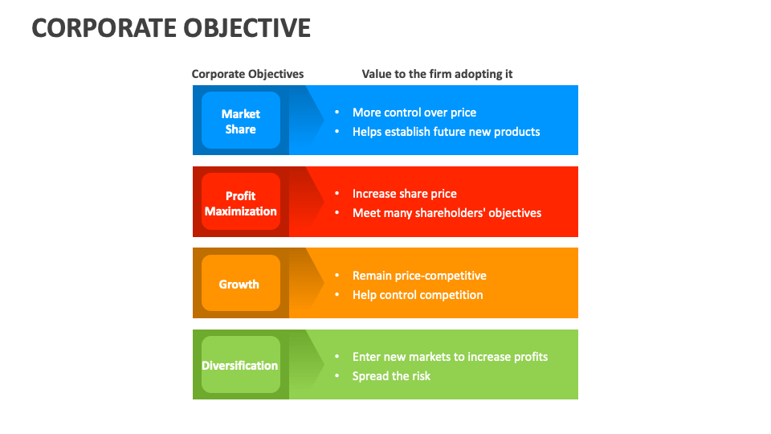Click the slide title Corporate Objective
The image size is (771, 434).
pyautogui.click(x=171, y=27)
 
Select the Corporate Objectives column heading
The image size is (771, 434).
pyautogui.click(x=247, y=74)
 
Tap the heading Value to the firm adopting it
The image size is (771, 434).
pyautogui.click(x=437, y=74)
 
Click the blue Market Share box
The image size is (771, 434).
pyautogui.click(x=240, y=121)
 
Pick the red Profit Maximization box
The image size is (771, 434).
pyautogui.click(x=240, y=203)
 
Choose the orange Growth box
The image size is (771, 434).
pyautogui.click(x=240, y=284)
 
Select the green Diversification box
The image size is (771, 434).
pyautogui.click(x=240, y=365)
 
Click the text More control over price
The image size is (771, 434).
pyautogui.click(x=414, y=113)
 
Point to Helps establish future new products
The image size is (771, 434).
pyautogui.click(x=446, y=132)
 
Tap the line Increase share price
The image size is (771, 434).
pyautogui.click(x=404, y=194)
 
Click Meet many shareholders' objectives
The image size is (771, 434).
pyautogui.click(x=447, y=213)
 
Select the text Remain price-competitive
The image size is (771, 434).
pyautogui.click(x=419, y=276)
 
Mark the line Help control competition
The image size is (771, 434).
pyautogui.click(x=418, y=295)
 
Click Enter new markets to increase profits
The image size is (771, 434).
pyautogui.click(x=450, y=357)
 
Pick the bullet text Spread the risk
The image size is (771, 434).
pyautogui.click(x=391, y=376)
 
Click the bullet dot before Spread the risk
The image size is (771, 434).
pyautogui.click(x=337, y=376)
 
